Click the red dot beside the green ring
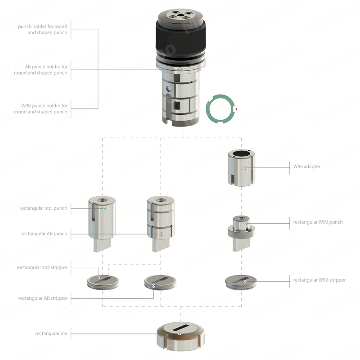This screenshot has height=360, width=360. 236,109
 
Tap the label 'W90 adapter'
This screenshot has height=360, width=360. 306,166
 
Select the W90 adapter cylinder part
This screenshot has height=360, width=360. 241,167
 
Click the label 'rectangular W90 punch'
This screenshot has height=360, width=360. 318,222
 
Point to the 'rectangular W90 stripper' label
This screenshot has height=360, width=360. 319,280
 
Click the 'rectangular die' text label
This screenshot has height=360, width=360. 51,333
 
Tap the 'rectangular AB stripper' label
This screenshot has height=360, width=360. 43,298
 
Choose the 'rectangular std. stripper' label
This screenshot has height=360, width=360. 42,267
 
